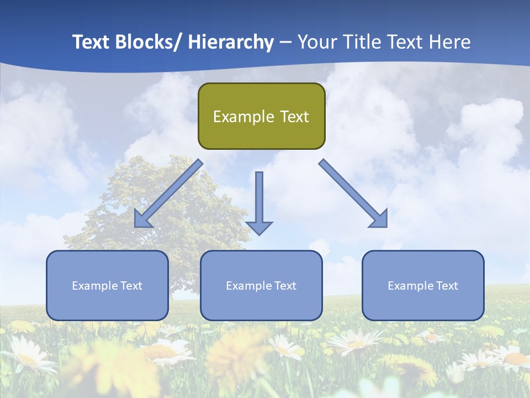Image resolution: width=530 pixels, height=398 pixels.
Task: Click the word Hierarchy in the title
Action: (x=231, y=42)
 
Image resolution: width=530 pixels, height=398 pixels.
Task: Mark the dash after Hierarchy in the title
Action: (x=285, y=43)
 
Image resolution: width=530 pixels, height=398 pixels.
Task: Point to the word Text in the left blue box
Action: (x=131, y=286)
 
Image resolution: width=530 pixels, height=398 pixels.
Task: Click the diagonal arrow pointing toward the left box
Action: (x=169, y=193)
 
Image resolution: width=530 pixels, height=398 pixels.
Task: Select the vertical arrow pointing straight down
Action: (x=259, y=199)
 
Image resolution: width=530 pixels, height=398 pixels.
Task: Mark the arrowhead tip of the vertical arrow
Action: (x=259, y=234)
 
